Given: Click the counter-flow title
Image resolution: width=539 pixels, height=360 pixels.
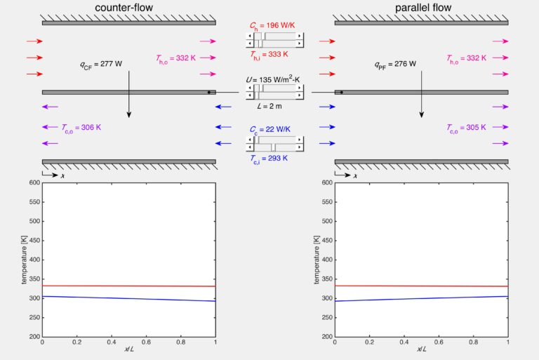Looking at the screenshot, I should click(128, 8).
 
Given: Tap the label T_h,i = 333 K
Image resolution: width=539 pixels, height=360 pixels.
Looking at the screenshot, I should click(274, 53).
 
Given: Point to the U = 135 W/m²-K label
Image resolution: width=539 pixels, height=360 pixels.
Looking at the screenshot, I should click(274, 81).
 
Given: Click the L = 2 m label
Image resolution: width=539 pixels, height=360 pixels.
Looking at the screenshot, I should click(274, 105).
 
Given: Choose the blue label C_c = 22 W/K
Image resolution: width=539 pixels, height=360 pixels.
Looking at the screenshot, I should click(274, 130).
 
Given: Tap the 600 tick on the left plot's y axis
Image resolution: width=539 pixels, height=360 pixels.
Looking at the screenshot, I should click(34, 182).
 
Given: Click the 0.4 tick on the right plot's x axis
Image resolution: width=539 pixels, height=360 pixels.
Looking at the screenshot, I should click(404, 342).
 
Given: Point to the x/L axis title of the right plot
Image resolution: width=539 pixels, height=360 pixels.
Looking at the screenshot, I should click(421, 350).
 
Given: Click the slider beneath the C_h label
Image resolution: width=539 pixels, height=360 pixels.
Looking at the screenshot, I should click(274, 39).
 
